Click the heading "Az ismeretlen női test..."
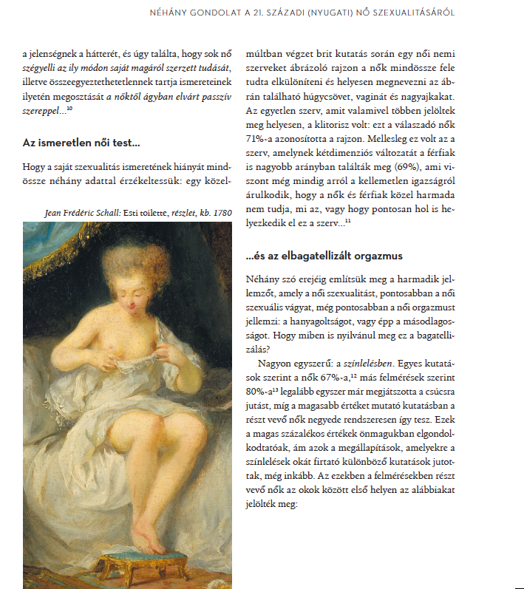click(81, 142)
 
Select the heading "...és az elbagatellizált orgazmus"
click(323, 256)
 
